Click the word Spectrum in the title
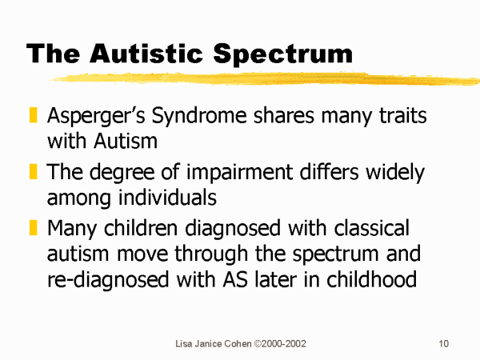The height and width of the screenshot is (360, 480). coord(282,54)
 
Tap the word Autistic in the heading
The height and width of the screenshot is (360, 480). coord(146,53)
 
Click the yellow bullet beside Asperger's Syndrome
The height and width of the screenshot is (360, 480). coord(33,114)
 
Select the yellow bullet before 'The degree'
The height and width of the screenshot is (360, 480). coord(33,171)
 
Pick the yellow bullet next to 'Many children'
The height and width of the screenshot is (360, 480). coord(33,227)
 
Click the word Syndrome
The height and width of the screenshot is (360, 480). coord(199,116)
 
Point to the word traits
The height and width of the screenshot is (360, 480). coord(403,115)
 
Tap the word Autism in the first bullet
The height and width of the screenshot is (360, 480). coord(126,141)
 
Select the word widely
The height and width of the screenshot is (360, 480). coord(395,173)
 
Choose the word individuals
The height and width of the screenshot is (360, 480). coord(167,197)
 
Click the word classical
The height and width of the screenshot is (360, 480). coord(372,228)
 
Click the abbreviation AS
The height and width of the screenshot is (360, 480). coord(235,280)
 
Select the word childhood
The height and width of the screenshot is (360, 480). coord(372,279)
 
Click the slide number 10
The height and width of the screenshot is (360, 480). coord(443,344)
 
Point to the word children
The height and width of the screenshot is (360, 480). coord(141,228)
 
